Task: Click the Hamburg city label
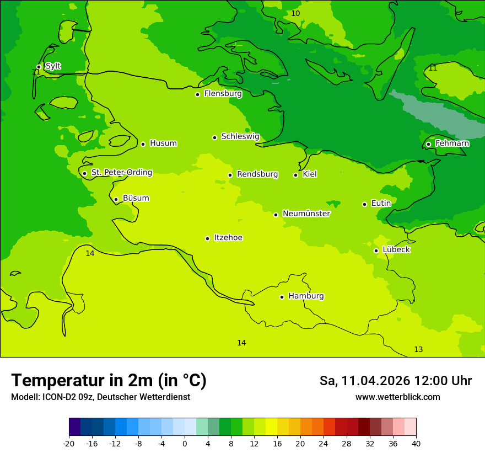pyautogui.click(x=306, y=296)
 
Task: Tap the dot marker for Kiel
pyautogui.click(x=295, y=175)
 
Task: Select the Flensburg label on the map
pyautogui.click(x=223, y=94)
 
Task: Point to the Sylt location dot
pyautogui.click(x=39, y=67)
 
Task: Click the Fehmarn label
pyautogui.click(x=452, y=143)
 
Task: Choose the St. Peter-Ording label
pyautogui.click(x=121, y=173)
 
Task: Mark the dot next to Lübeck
pyautogui.click(x=376, y=251)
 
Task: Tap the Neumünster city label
pyautogui.click(x=306, y=214)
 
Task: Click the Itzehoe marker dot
pyautogui.click(x=207, y=238)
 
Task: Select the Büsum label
pyautogui.click(x=136, y=198)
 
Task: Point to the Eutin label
pyautogui.click(x=381, y=204)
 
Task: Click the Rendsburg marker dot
pyautogui.click(x=230, y=175)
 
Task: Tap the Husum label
pyautogui.click(x=163, y=143)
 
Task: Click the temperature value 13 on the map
pyautogui.click(x=418, y=349)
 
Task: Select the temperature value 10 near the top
pyautogui.click(x=295, y=13)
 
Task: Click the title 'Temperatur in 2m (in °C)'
pyautogui.click(x=109, y=380)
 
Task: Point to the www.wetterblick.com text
pyautogui.click(x=397, y=397)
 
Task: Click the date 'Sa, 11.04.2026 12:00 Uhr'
pyautogui.click(x=395, y=381)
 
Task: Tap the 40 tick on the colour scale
pyautogui.click(x=416, y=443)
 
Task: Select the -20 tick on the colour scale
pyautogui.click(x=69, y=443)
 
